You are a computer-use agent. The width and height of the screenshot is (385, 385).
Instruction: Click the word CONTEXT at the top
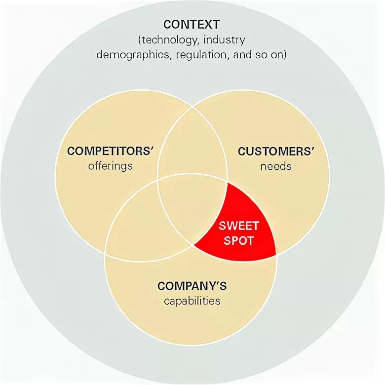click(x=192, y=24)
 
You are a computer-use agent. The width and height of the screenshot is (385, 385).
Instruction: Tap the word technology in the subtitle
click(x=168, y=39)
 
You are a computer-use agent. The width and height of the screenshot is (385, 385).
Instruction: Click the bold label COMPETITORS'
click(x=111, y=151)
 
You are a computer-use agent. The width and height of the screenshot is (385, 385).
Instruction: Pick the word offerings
click(x=111, y=166)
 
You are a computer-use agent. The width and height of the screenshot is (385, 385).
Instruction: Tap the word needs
click(x=276, y=166)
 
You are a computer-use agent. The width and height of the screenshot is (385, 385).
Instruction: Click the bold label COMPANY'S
click(x=192, y=286)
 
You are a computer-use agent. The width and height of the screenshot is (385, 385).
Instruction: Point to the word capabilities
click(x=192, y=301)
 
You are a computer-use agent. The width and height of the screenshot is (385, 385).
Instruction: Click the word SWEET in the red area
click(x=239, y=227)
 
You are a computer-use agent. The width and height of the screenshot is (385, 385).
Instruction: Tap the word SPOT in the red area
click(x=239, y=241)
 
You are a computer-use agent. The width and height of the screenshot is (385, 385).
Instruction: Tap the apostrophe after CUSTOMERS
click(x=312, y=148)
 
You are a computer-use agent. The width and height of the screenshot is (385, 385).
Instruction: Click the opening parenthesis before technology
click(x=141, y=39)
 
